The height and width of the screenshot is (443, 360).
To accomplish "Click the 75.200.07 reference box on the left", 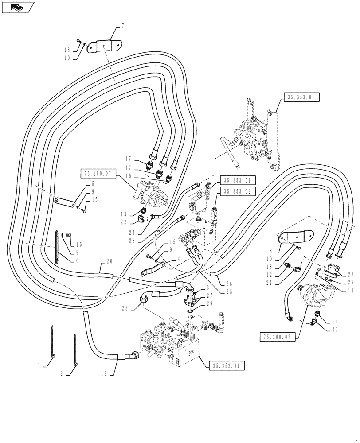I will pos(98,173).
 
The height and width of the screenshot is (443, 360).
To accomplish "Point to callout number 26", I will pos(229,284).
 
